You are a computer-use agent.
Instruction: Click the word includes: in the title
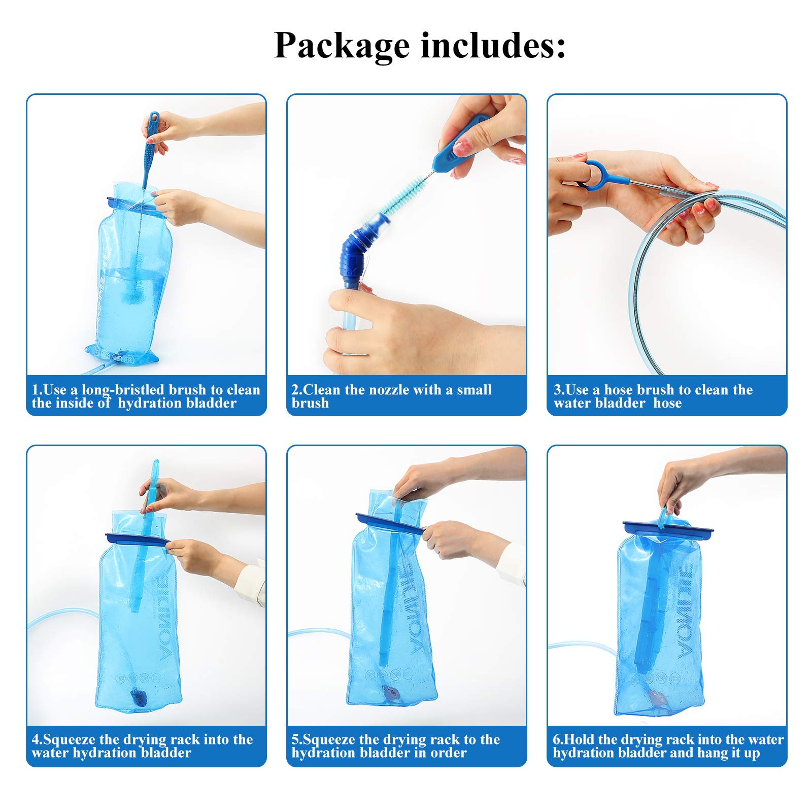pyautogui.click(x=493, y=46)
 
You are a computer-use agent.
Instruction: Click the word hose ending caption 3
pyautogui.click(x=667, y=403)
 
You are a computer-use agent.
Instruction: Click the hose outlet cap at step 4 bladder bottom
pyautogui.click(x=139, y=699)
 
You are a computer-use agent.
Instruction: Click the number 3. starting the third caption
pyautogui.click(x=558, y=390)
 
